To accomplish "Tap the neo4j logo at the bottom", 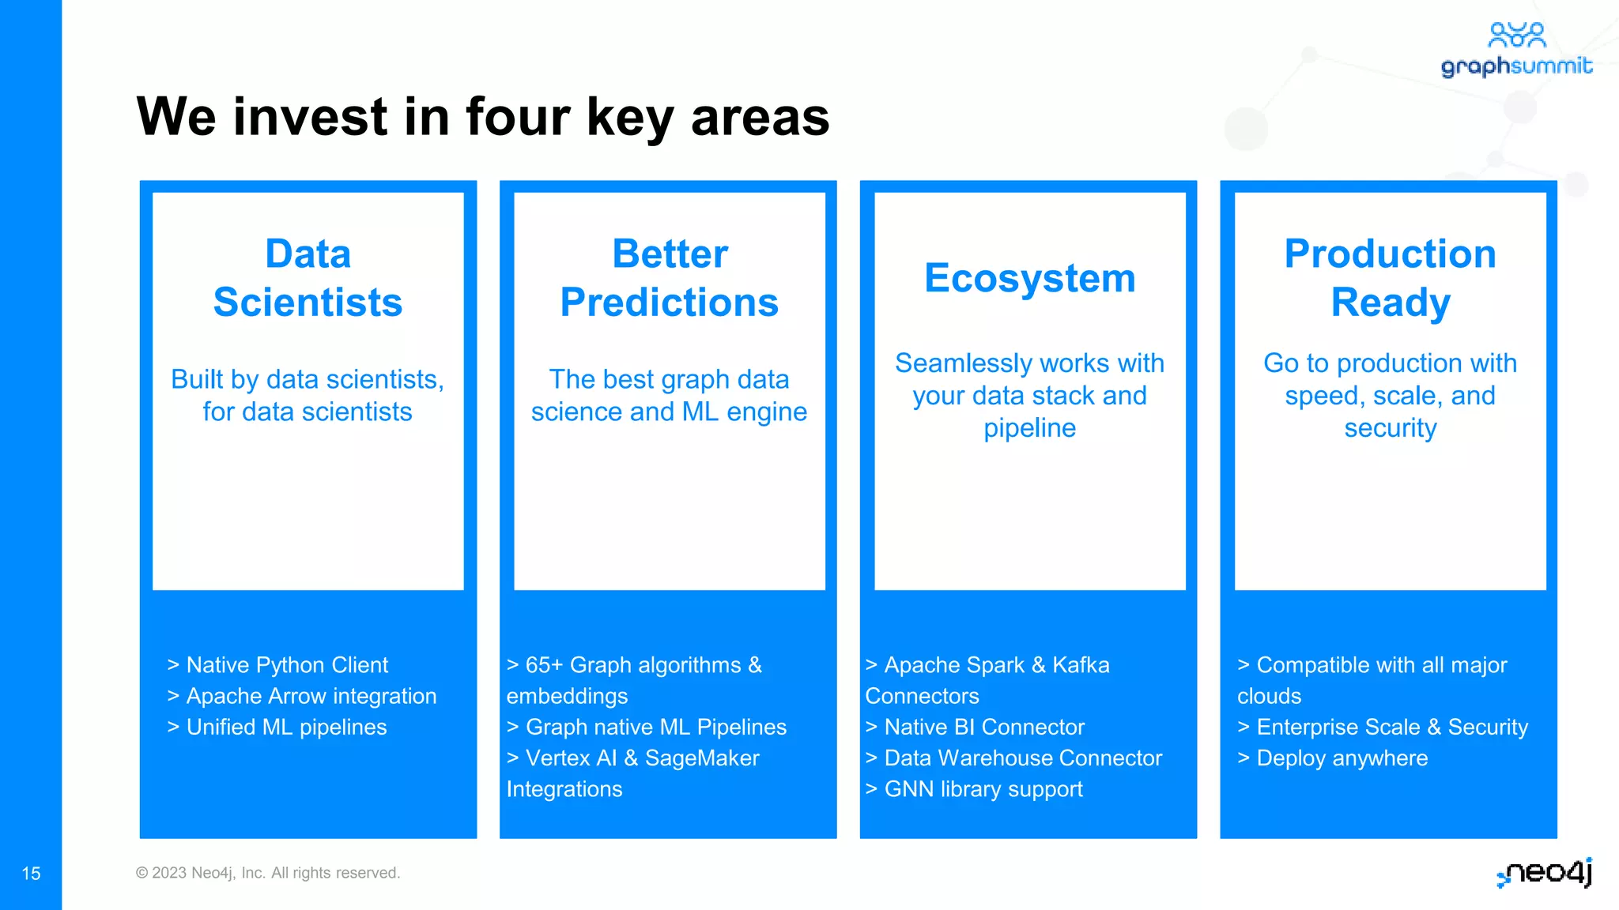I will pos(1545,872).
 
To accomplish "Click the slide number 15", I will pos(31,874).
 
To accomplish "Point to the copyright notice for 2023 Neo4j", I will pos(268,873).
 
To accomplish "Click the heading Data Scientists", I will pos(308,278).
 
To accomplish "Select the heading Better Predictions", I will pos(669,278).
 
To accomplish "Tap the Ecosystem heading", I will pos(1029,278).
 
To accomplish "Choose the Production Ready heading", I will pos(1390,278).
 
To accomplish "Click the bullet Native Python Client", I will pos(277,665).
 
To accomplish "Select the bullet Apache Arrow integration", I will pos(302,696).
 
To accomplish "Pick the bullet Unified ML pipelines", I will pos(277,727).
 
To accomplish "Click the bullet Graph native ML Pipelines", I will pos(647,727).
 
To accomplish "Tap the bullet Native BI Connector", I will pos(975,727).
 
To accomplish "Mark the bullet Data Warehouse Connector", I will pos(1013,758).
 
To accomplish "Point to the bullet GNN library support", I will pos(974,789).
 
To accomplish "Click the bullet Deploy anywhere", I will pos(1333,758).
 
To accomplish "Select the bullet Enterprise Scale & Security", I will pos(1383,727).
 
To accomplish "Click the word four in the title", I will pos(518,117).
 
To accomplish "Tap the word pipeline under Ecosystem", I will pos(1029,428).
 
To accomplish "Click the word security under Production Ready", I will pos(1390,428).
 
